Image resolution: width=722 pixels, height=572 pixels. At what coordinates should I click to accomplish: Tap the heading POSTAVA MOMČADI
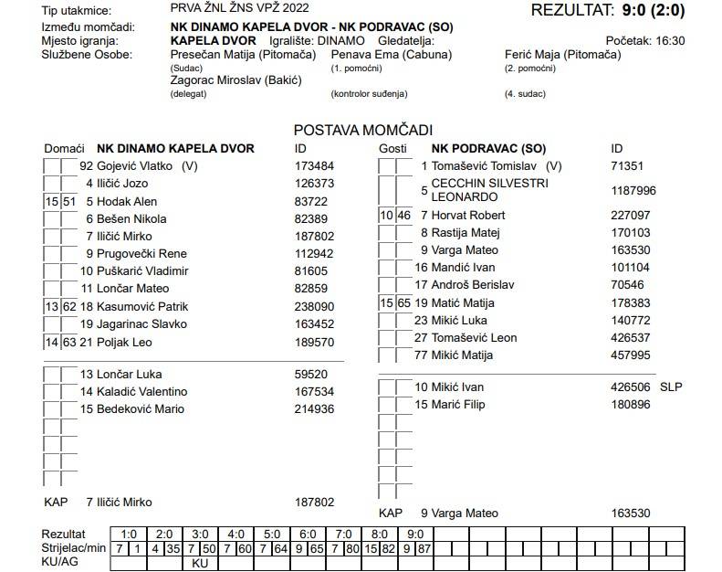coord(362,131)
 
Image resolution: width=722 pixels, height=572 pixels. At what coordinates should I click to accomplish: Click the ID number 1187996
coord(633,190)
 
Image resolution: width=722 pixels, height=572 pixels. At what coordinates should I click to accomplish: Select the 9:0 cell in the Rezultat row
coord(414,533)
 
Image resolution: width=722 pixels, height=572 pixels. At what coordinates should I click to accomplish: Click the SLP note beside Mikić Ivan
coord(671,387)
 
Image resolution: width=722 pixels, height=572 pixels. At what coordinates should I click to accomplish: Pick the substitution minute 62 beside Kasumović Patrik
coord(69,307)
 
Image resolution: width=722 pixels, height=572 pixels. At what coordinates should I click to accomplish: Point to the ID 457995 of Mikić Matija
coord(628,355)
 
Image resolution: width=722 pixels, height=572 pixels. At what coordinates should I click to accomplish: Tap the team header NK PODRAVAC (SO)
coord(488,148)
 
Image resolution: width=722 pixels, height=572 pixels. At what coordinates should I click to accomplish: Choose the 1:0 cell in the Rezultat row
coord(129,533)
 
